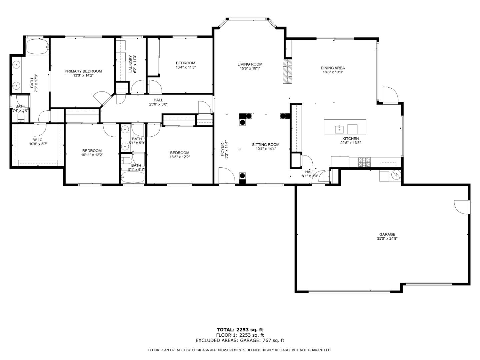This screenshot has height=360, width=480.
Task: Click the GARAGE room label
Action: [x=387, y=234]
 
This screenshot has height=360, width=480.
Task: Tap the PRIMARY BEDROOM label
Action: [x=83, y=71]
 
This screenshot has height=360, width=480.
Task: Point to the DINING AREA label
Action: [x=332, y=68]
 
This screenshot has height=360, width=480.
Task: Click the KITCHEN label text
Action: [x=350, y=139]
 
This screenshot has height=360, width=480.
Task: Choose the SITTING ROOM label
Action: [x=265, y=145]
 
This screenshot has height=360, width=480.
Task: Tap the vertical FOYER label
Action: [x=222, y=149]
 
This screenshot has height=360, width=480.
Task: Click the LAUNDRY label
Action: [x=131, y=64]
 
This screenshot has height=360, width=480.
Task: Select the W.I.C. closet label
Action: [x=38, y=140]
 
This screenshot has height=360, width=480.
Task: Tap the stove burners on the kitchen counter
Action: [x=364, y=162]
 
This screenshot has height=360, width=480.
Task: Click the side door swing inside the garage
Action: [x=461, y=207]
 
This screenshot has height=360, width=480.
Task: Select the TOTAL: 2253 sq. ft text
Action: [x=240, y=330]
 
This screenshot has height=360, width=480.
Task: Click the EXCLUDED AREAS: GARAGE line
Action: [x=240, y=340]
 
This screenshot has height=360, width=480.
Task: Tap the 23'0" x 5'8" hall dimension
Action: [x=158, y=104]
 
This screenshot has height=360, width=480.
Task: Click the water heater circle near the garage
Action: [x=396, y=175]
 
